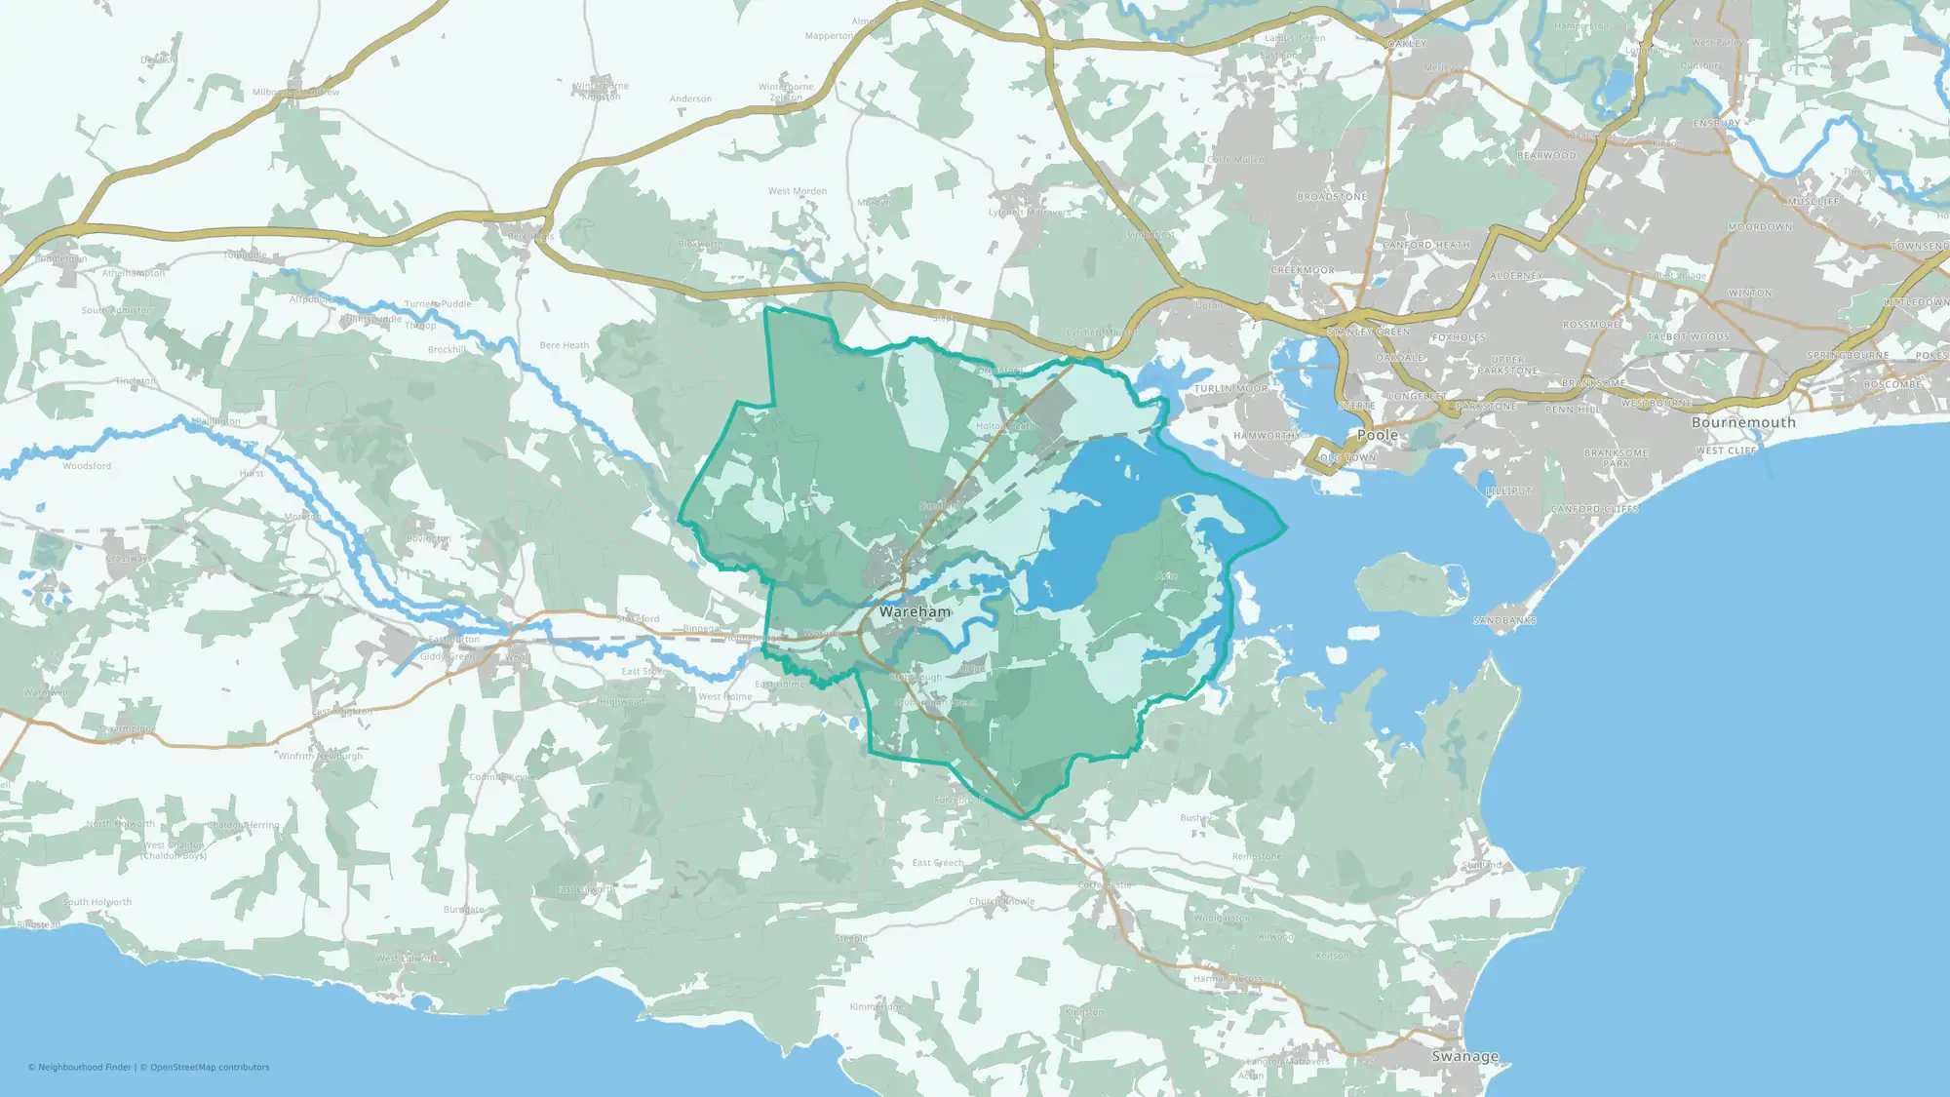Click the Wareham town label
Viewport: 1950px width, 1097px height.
[x=915, y=612]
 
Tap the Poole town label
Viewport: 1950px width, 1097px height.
[x=1378, y=435]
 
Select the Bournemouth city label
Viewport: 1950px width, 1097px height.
[x=1743, y=422]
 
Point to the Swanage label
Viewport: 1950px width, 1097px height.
[x=1464, y=1056]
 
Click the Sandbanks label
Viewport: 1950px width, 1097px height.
[x=1504, y=620]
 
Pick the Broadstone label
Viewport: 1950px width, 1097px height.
[x=1332, y=197]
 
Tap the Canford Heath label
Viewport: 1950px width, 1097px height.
[x=1426, y=246]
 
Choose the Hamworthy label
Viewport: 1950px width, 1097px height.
[x=1267, y=436]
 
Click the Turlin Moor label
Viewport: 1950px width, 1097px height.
[x=1231, y=388]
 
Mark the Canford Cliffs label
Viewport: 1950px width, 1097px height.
[x=1594, y=509]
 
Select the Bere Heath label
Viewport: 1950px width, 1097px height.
[x=564, y=345]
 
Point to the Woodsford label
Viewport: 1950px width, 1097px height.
[x=87, y=466]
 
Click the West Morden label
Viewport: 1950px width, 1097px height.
[x=798, y=191]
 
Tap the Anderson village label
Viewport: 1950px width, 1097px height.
[x=690, y=98]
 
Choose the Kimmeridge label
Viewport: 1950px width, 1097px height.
[x=877, y=1006]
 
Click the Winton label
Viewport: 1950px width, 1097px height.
[x=1750, y=293]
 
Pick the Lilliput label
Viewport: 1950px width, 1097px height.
[x=1508, y=491]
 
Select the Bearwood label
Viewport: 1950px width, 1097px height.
[x=1546, y=156]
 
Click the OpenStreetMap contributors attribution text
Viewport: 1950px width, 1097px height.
[x=210, y=1068]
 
